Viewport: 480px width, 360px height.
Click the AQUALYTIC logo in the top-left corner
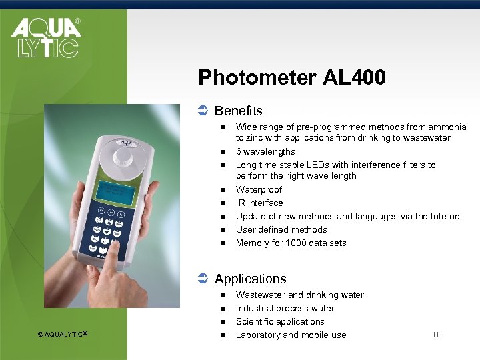[45, 37]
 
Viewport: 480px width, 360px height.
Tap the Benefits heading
[238, 111]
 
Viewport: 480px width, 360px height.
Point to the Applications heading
[250, 279]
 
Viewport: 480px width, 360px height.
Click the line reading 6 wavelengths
[265, 152]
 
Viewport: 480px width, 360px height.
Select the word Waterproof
[259, 190]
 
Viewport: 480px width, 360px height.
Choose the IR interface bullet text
[259, 203]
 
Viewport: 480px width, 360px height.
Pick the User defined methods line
[281, 230]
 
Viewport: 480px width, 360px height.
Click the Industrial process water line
[285, 309]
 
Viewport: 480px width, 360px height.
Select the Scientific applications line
[280, 322]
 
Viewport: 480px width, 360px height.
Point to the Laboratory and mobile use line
[291, 335]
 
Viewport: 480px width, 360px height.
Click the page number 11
[435, 334]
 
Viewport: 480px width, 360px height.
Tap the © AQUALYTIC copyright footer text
[63, 334]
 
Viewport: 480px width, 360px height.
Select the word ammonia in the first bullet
[447, 127]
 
